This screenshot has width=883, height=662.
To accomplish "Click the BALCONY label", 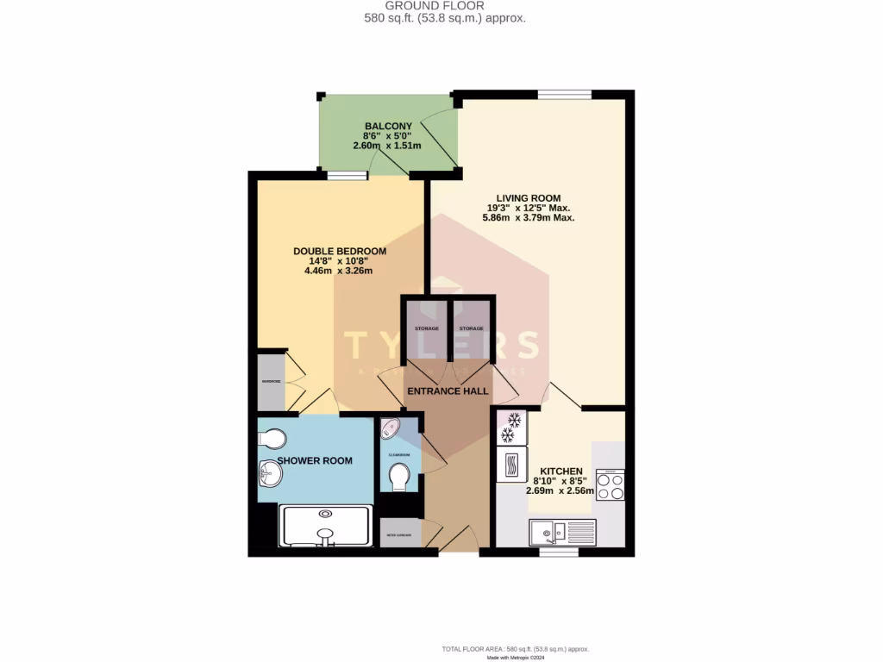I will [387, 125].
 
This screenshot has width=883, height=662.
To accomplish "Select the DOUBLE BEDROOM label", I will [339, 251].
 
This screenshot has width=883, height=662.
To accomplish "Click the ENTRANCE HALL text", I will [448, 390].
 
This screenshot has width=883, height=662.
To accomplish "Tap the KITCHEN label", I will [560, 471].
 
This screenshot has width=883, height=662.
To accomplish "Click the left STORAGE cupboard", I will [426, 328].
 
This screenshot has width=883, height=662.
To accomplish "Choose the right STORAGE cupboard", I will [471, 328].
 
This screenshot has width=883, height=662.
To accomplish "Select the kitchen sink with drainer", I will [561, 532].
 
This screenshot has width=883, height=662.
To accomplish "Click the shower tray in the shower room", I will [325, 525].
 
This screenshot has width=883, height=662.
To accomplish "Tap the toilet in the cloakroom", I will [400, 476].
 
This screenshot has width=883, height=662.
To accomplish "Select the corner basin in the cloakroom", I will [390, 428].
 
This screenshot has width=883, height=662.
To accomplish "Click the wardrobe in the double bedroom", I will [271, 380].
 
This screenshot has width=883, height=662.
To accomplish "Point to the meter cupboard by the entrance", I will [400, 534].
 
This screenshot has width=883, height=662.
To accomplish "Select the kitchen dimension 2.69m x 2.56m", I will [560, 491].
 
